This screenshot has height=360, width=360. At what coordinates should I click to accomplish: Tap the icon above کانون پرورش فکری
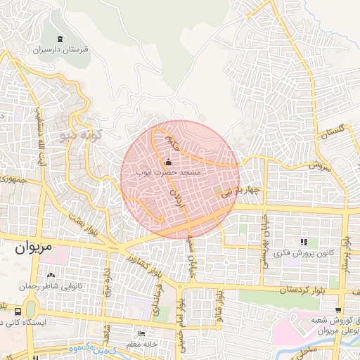pos(304,241)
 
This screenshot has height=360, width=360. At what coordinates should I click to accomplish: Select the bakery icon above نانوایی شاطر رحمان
pos(50,275)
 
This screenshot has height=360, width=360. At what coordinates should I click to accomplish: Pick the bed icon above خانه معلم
pos(141,334)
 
